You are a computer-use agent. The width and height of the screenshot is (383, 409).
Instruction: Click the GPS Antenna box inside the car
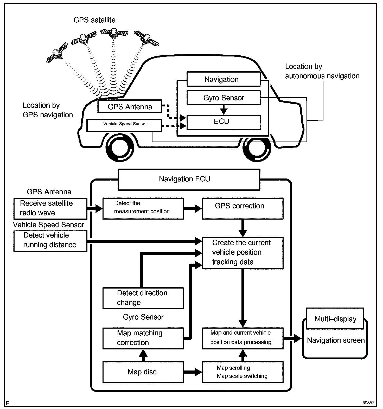pyautogui.click(x=130, y=106)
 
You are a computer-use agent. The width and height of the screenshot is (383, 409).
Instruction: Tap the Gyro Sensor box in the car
pyautogui.click(x=224, y=98)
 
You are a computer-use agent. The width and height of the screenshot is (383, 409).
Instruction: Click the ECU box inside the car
pyautogui.click(x=224, y=122)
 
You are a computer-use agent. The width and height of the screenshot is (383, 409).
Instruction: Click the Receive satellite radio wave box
pyautogui.click(x=50, y=208)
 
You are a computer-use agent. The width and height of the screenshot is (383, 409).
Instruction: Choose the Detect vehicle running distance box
pyautogui.click(x=50, y=241)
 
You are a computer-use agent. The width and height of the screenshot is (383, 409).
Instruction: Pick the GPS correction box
pyautogui.click(x=242, y=209)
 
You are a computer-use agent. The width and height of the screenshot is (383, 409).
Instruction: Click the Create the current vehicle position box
pyautogui.click(x=242, y=253)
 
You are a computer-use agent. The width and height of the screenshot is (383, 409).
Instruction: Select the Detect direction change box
pyautogui.click(x=143, y=298)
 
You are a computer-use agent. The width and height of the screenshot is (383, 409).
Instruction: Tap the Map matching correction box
pyautogui.click(x=143, y=338)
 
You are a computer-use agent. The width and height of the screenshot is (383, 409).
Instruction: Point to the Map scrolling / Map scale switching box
pyautogui.click(x=242, y=372)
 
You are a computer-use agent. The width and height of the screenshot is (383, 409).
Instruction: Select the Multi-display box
pyautogui.click(x=335, y=319)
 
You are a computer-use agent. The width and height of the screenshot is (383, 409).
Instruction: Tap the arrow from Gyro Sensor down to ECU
pyautogui.click(x=224, y=110)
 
